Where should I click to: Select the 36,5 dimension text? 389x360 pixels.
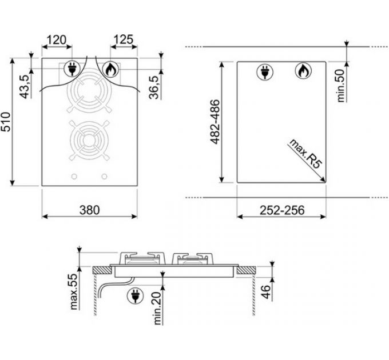tap(154, 86)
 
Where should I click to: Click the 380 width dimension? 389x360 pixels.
tap(89, 210)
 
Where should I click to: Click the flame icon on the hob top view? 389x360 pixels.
tap(111, 70)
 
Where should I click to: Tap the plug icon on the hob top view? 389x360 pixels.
tap(72, 69)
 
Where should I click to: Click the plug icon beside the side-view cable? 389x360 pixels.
tap(135, 295)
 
